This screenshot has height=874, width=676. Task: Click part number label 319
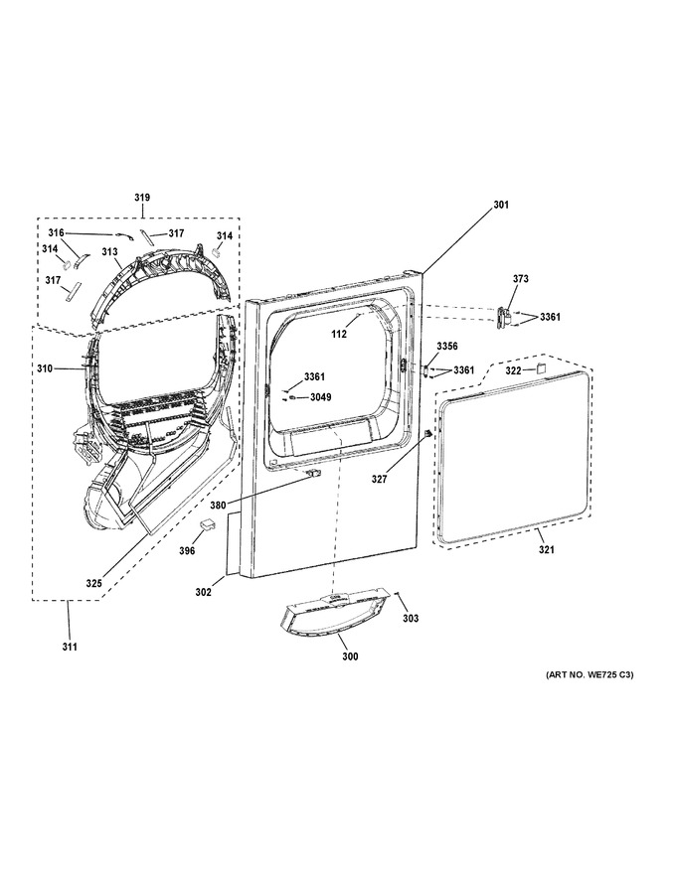tap(142, 198)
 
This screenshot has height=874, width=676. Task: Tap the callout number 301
tap(501, 206)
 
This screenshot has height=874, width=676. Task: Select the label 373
tap(520, 279)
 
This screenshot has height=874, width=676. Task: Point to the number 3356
tap(446, 347)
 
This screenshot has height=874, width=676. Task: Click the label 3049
tap(321, 397)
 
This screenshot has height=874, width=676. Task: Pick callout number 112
tap(339, 335)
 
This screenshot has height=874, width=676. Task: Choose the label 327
tap(380, 479)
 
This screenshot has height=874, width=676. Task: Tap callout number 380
tap(218, 506)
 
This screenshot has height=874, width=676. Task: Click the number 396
tap(188, 550)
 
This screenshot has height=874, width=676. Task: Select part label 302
tap(203, 593)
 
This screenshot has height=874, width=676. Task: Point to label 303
tap(411, 618)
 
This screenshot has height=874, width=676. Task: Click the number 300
tap(350, 656)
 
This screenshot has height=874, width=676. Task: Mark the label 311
tap(70, 648)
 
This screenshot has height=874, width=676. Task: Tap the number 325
tap(93, 584)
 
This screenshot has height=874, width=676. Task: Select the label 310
tap(45, 368)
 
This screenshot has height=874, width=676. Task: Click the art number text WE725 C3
tap(608, 675)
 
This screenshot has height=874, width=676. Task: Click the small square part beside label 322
tap(540, 367)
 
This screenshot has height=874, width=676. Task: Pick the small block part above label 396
tap(207, 524)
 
